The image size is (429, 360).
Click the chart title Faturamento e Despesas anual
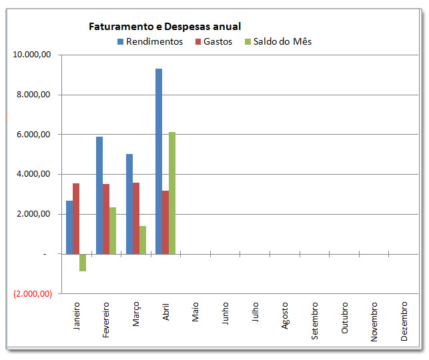point(165,27)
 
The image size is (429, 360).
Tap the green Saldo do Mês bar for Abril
point(172,193)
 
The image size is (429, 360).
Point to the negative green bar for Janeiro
point(83,263)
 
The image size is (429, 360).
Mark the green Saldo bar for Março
point(143,240)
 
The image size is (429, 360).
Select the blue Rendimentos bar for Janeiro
point(69,227)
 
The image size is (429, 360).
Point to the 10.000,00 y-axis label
point(32,55)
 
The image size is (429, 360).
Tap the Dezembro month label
point(404,321)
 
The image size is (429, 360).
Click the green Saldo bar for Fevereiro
point(113,231)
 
